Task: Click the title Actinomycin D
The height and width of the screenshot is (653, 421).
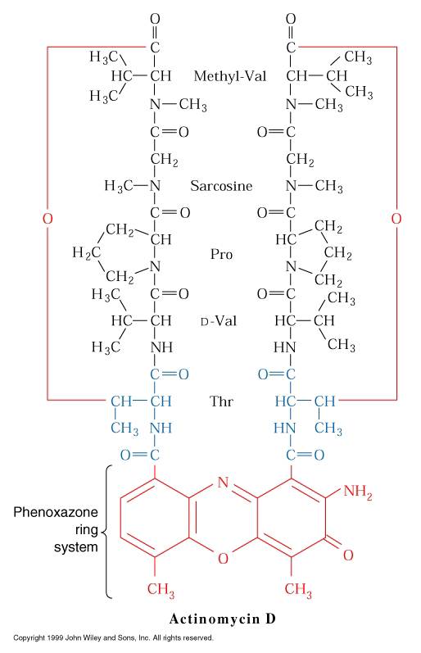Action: click(x=222, y=619)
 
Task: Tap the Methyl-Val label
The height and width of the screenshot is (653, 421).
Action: click(x=230, y=76)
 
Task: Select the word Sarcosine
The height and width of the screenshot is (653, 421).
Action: click(x=221, y=185)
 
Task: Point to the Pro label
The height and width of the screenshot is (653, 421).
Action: click(x=221, y=254)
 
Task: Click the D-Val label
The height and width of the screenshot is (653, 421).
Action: click(x=219, y=320)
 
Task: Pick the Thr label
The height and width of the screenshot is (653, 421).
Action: click(x=221, y=401)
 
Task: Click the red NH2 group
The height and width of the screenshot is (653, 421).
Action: click(x=358, y=492)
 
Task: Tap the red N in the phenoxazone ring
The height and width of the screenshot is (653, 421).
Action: click(x=224, y=483)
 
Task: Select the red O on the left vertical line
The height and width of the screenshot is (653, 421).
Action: click(x=48, y=218)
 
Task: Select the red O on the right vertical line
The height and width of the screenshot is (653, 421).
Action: click(x=396, y=218)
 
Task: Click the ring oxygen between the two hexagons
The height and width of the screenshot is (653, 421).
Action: click(x=224, y=559)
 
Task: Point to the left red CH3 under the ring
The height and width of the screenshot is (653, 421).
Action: click(x=161, y=589)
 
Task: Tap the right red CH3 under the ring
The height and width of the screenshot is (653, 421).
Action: click(x=298, y=589)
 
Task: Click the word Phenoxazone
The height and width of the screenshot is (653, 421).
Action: click(x=56, y=512)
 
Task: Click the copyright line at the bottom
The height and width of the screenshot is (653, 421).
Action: click(x=113, y=637)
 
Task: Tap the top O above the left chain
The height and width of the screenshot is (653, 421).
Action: click(x=155, y=19)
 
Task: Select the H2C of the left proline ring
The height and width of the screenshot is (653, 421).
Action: click(x=87, y=253)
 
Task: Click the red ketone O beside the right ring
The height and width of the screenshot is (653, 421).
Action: click(x=348, y=555)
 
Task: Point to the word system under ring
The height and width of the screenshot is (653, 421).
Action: click(x=76, y=546)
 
